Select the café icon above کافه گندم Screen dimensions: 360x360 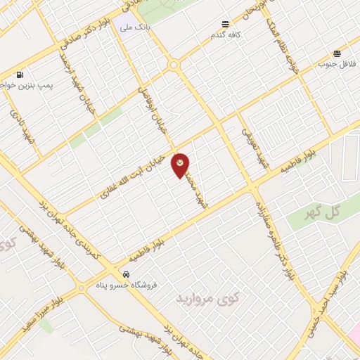coord(224,23)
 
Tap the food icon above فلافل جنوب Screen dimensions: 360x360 coord(337,53)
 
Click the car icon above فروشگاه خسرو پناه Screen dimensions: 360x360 coord(125,274)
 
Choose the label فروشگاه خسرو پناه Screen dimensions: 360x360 coord(126,285)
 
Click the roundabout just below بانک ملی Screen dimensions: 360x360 coord(173,65)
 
